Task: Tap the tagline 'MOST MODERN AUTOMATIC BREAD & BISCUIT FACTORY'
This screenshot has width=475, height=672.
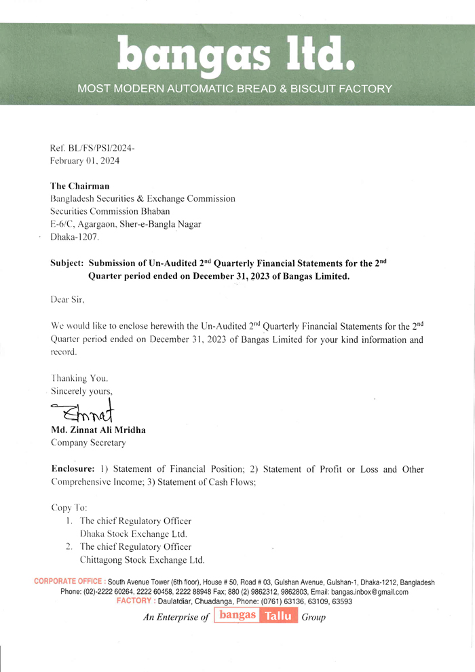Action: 235,88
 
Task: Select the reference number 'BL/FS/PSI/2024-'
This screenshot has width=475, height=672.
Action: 101,148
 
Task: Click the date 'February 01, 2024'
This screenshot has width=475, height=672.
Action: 84,161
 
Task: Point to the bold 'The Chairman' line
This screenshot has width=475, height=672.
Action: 80,186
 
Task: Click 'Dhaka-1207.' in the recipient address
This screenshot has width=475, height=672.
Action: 75,238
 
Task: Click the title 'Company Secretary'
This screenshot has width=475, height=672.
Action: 88,443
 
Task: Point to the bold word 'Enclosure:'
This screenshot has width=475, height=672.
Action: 73,470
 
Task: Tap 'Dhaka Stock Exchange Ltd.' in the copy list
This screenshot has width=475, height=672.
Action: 133,534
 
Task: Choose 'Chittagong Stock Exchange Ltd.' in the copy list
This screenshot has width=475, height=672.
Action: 142,560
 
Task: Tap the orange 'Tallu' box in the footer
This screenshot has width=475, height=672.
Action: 279,616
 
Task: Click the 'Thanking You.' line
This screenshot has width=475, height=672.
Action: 79,378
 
